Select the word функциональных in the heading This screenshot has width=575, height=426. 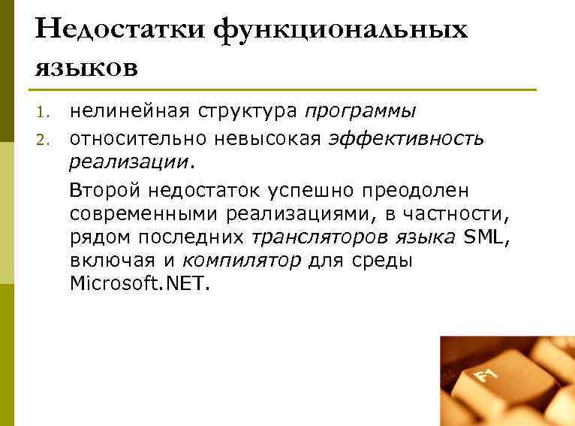point(340,30)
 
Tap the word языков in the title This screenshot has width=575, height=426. point(86,67)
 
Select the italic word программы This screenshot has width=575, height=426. point(360,112)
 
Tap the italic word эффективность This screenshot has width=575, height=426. point(406,138)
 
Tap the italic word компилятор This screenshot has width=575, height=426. point(242,261)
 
